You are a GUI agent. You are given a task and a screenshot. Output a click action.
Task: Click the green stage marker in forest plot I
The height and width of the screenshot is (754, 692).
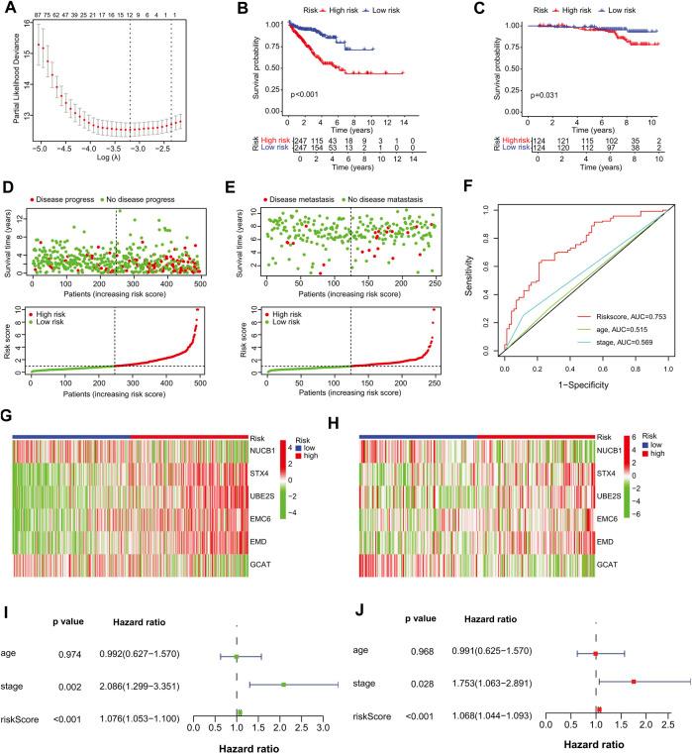(x=283, y=684)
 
